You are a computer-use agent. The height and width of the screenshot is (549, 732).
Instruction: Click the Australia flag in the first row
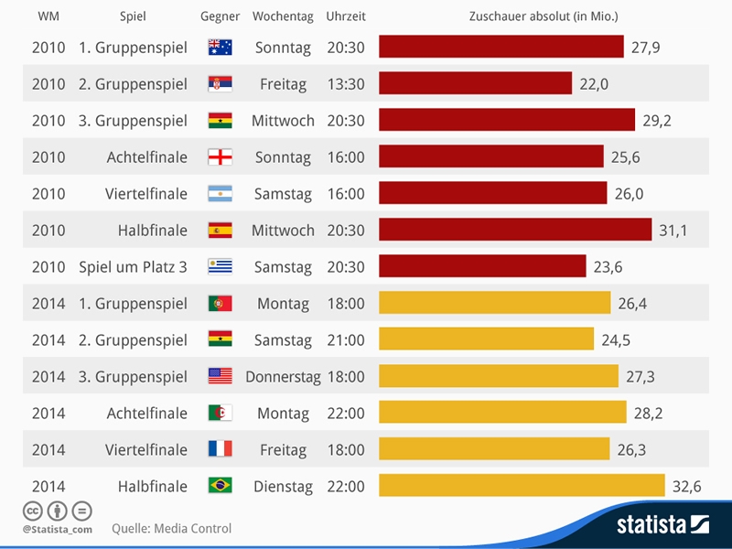point(220,48)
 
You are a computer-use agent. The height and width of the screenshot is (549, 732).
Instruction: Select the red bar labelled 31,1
point(515,230)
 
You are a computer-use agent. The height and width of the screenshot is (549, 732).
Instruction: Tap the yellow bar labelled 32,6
point(522,486)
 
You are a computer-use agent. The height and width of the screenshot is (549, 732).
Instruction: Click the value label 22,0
point(594,84)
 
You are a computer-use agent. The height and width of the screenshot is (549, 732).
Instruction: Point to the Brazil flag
point(220,486)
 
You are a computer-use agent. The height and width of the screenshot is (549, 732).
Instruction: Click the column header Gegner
point(220,16)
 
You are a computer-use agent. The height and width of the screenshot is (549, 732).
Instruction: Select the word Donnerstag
point(283,377)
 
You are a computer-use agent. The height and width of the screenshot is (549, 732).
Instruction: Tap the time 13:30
point(346,84)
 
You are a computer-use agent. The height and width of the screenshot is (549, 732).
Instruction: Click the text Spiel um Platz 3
point(133,267)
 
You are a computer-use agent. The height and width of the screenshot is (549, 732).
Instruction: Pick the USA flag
point(220,376)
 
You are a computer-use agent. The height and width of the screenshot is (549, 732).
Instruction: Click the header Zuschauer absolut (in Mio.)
point(544,16)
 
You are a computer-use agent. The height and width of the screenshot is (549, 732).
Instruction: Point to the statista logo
point(662,524)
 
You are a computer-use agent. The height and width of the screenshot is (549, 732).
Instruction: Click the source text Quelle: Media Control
point(171,529)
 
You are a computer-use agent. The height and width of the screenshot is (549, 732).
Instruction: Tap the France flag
point(220,449)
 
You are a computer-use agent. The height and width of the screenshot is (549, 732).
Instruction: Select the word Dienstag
point(283,487)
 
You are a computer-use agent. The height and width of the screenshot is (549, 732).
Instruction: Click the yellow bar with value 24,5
point(486,339)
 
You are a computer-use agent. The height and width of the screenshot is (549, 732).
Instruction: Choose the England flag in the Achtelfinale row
point(220,156)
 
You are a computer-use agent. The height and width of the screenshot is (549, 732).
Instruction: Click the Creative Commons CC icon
point(33,511)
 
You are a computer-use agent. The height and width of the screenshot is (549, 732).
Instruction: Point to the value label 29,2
point(657,121)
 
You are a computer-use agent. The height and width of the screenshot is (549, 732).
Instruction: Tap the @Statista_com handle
point(58,530)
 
